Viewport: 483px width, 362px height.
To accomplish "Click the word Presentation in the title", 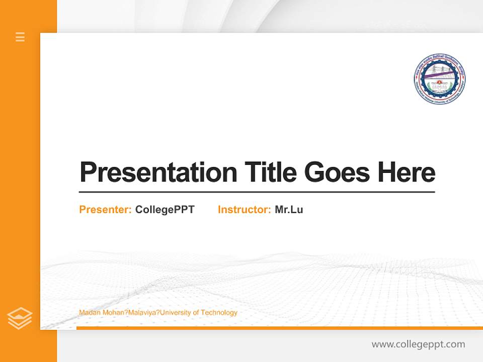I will (x=158, y=172).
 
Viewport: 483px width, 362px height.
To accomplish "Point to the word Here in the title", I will (x=407, y=172).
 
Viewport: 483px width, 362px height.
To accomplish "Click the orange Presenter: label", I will (x=105, y=210).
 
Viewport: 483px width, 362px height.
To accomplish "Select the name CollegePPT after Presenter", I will (x=165, y=210).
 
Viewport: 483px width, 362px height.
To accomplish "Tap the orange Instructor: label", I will (x=244, y=210).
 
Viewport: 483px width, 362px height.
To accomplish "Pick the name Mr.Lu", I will (x=289, y=210).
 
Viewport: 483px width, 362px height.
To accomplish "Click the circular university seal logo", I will (x=439, y=79).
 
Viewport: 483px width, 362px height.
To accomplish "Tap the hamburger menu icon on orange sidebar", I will (x=20, y=37).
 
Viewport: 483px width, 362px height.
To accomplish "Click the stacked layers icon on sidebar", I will (x=20, y=318).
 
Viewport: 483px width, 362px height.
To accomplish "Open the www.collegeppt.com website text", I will (x=418, y=344).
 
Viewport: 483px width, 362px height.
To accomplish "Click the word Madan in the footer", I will (x=89, y=313).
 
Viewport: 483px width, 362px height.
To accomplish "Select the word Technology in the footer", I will (x=219, y=313).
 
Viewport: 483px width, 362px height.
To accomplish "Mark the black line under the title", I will (x=257, y=192).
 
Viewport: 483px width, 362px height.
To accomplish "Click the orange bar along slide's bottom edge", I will (x=279, y=328).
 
